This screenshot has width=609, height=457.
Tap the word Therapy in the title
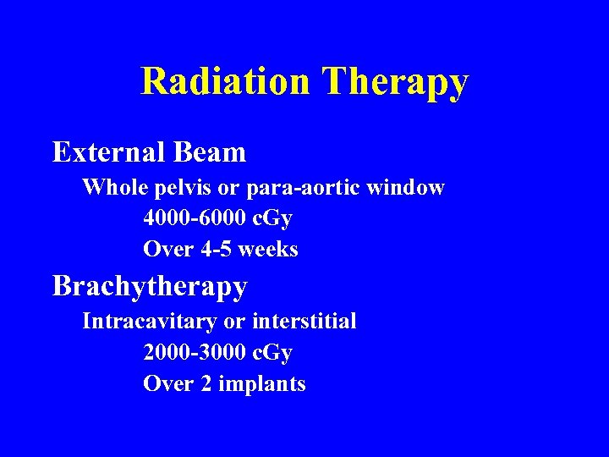coord(395,82)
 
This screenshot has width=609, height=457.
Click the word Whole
coord(112,187)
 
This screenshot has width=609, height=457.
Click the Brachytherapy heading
coord(150,287)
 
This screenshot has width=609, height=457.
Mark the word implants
coord(262,385)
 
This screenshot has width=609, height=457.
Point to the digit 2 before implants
coord(206,384)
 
